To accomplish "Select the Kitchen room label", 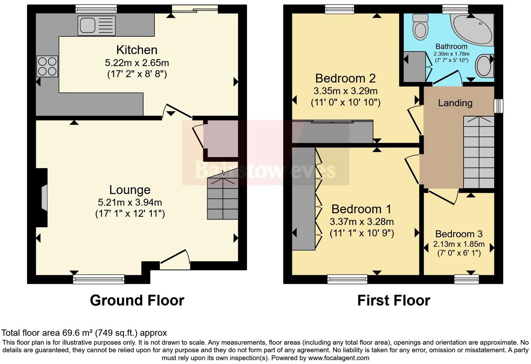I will pyautogui.click(x=137, y=50).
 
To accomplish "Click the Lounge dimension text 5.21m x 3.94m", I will pyautogui.click(x=130, y=202).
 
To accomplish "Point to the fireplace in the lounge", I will pyautogui.click(x=43, y=198).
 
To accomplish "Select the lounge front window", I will pyautogui.click(x=99, y=279).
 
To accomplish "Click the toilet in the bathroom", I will pyautogui.click(x=420, y=27).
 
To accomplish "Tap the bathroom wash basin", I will pyautogui.click(x=484, y=66).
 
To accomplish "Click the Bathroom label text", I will pyautogui.click(x=451, y=47).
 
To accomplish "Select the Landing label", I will pyautogui.click(x=455, y=103).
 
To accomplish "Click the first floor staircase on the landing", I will pyautogui.click(x=479, y=152).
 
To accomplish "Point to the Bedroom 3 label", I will pyautogui.click(x=459, y=234).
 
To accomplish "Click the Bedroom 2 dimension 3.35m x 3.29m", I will pyautogui.click(x=345, y=91).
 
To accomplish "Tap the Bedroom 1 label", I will pyautogui.click(x=361, y=209).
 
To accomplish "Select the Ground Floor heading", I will pyautogui.click(x=137, y=301).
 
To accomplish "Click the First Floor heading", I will pyautogui.click(x=393, y=301).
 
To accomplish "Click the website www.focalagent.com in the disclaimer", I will pyautogui.click(x=339, y=358).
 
